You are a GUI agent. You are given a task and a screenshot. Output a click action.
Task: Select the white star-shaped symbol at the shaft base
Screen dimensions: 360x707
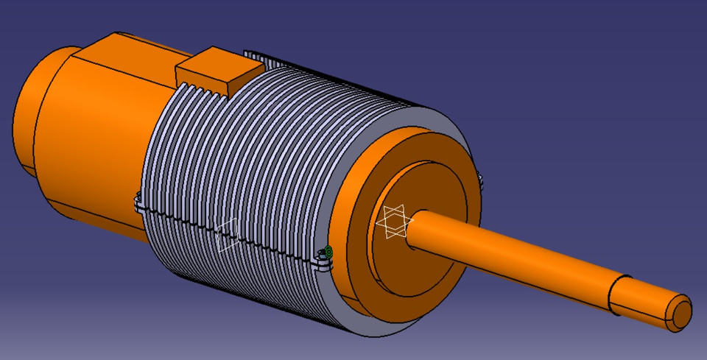pyautogui.click(x=395, y=222)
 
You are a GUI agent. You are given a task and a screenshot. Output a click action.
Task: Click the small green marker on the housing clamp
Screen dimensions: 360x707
pyautogui.click(x=328, y=252)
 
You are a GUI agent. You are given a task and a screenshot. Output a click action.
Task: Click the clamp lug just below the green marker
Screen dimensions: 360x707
pyautogui.click(x=324, y=263)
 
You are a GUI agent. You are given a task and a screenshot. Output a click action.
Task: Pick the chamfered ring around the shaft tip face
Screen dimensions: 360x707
pyautogui.click(x=672, y=317)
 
